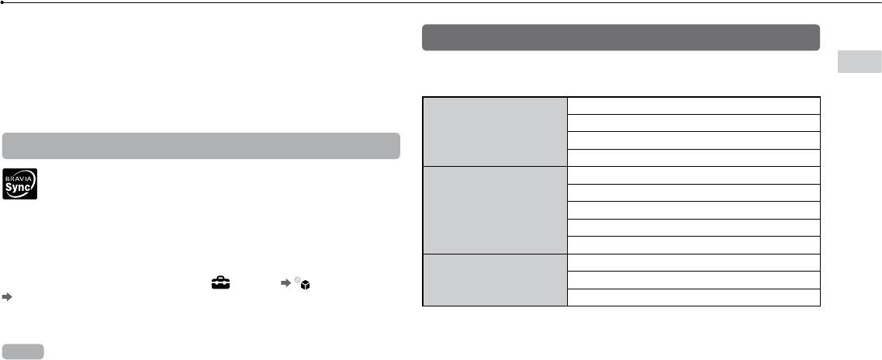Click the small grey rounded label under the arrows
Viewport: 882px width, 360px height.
[23, 351]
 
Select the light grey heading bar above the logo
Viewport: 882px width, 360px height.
[201, 146]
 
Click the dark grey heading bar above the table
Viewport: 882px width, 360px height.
[621, 37]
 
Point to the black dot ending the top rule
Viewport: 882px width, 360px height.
[3, 3]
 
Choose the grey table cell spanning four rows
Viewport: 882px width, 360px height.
[496, 131]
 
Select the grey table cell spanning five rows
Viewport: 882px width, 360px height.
[496, 209]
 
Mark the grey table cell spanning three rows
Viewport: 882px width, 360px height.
[496, 279]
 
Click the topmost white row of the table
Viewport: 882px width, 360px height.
[693, 106]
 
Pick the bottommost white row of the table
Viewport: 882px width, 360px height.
[693, 297]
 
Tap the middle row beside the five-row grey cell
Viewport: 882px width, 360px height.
[693, 209]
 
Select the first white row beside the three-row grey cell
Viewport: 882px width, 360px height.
[693, 262]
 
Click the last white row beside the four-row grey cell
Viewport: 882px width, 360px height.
[693, 157]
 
